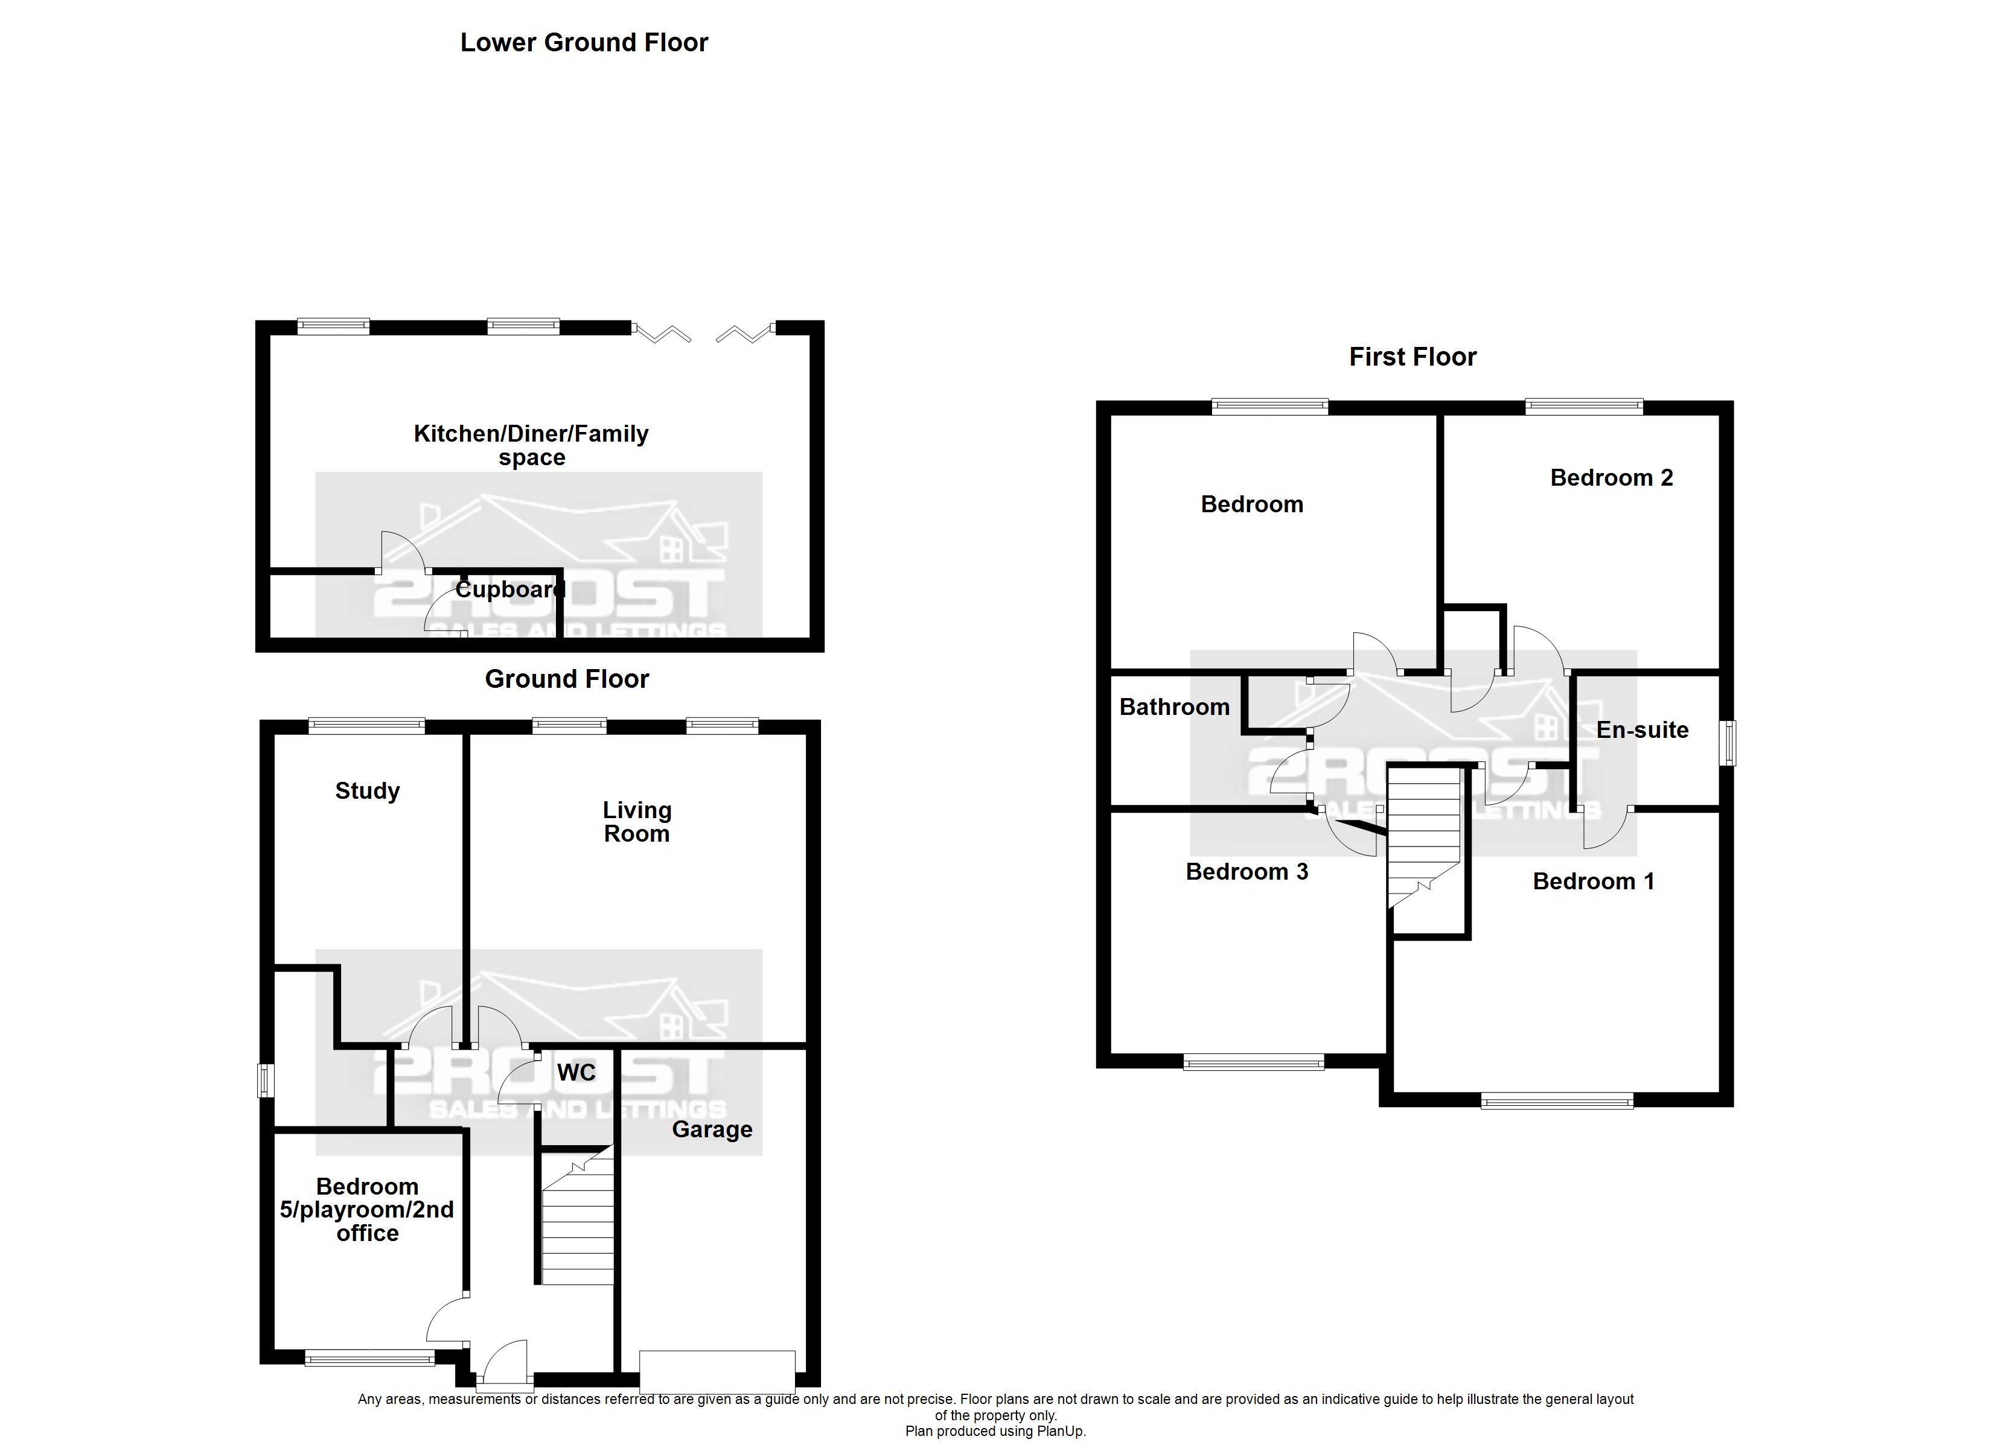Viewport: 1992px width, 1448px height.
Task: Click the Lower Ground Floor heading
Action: (584, 43)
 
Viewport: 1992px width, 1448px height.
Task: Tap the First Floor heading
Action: (1413, 357)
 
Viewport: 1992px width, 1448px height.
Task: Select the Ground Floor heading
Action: (566, 679)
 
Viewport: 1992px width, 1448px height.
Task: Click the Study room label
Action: (367, 791)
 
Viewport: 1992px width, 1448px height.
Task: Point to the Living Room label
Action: (637, 822)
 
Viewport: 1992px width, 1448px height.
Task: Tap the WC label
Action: (576, 1072)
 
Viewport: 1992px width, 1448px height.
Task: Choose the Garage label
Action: (712, 1130)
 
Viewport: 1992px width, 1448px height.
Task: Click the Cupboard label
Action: (509, 589)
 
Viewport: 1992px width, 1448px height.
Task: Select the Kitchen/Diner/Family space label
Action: (531, 445)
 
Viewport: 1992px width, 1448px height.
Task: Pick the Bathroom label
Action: (1174, 707)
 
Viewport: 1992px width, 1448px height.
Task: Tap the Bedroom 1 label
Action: (1593, 881)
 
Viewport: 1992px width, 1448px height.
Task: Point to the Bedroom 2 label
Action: (1612, 478)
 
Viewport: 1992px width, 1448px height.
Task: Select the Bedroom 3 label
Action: (1247, 872)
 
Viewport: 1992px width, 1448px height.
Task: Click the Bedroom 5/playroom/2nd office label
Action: (367, 1210)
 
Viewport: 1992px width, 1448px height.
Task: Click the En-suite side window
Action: (1728, 743)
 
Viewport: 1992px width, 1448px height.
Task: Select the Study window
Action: (366, 726)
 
